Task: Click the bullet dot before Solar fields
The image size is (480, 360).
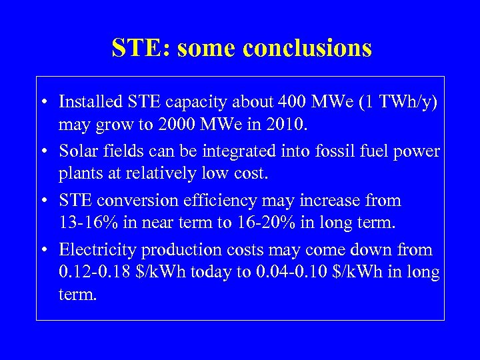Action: point(42,151)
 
